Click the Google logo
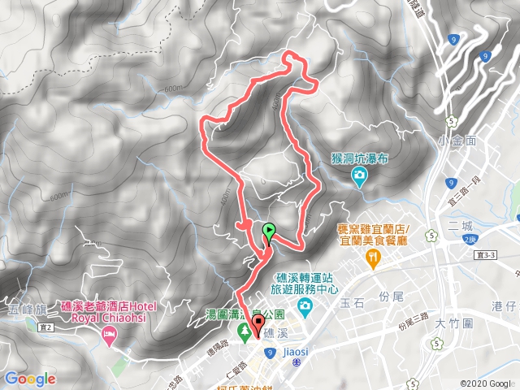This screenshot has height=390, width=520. [30, 379]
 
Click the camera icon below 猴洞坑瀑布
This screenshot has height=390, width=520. [358, 175]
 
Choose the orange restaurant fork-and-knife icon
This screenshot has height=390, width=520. [373, 258]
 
